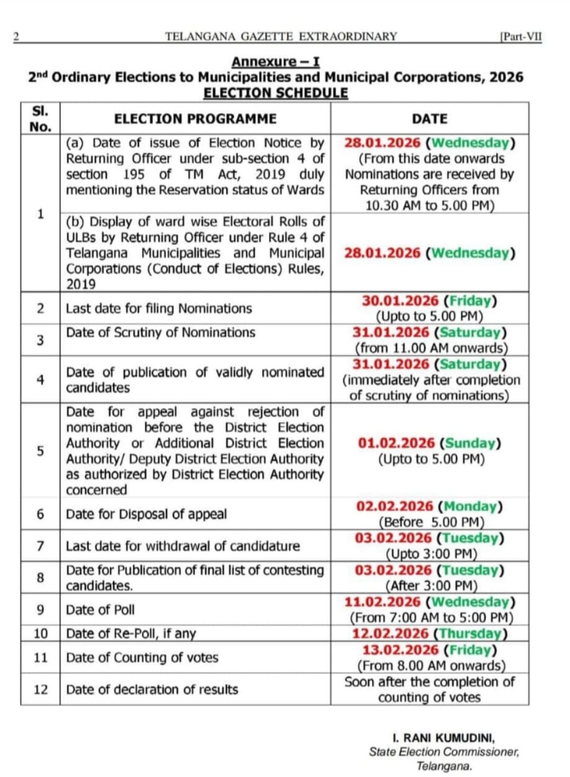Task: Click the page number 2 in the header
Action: pyautogui.click(x=16, y=36)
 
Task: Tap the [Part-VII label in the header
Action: pyautogui.click(x=520, y=36)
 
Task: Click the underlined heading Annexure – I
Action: pyautogui.click(x=276, y=62)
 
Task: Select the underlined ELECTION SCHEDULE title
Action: pyautogui.click(x=276, y=93)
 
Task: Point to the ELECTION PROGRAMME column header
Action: pyautogui.click(x=195, y=119)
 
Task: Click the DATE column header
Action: pyautogui.click(x=429, y=119)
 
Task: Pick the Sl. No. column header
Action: pyautogui.click(x=40, y=119)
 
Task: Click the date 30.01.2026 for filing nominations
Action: pyautogui.click(x=401, y=301)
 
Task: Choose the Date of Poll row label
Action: pyautogui.click(x=101, y=610)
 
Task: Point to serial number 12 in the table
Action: pyautogui.click(x=40, y=690)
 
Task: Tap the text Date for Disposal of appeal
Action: pyautogui.click(x=146, y=514)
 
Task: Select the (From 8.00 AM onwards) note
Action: pyautogui.click(x=429, y=665)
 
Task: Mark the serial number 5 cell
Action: pyautogui.click(x=40, y=451)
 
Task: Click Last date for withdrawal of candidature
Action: pyautogui.click(x=183, y=546)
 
